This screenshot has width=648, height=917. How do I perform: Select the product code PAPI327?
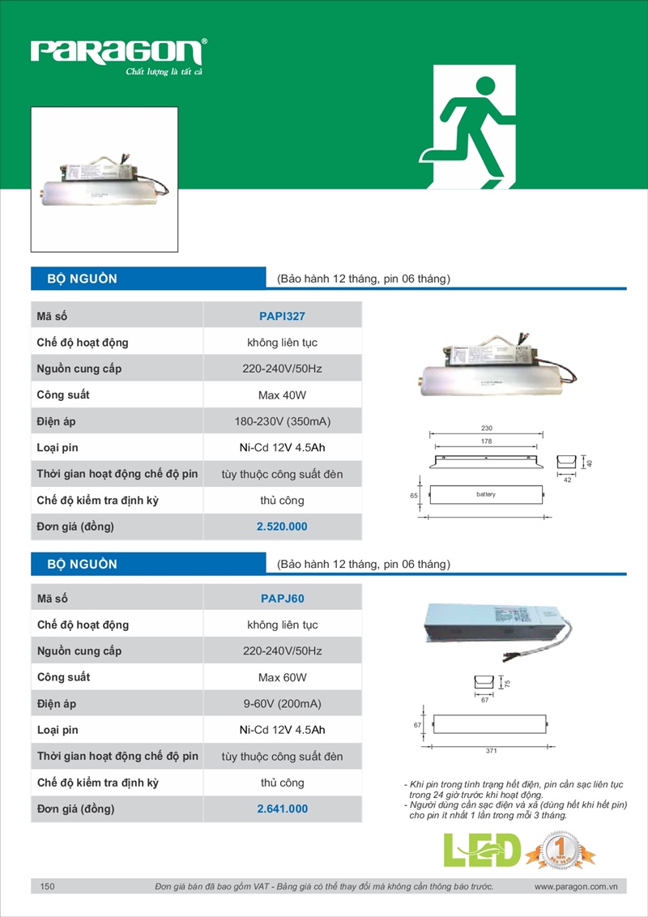pos(282,316)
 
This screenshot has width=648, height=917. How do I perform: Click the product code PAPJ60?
pos(282,599)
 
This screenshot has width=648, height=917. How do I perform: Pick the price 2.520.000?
pos(282,527)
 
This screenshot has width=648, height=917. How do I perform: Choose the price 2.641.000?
pos(282,808)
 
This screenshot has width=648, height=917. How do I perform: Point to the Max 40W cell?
pos(282,395)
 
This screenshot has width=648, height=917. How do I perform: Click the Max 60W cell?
pos(282,677)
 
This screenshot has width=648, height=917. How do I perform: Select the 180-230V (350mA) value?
pos(282,421)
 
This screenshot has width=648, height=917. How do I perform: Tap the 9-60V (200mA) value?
pos(282,704)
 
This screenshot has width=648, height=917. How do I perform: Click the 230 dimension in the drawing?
pos(486,428)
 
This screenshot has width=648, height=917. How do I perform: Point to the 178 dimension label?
pos(486,441)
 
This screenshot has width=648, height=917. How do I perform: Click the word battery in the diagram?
pos(485,494)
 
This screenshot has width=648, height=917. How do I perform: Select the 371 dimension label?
pos(491,752)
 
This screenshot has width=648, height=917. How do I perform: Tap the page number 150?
pos(47,887)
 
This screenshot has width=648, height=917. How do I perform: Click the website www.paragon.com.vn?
pos(576,887)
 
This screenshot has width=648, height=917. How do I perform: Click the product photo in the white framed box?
pos(104,180)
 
